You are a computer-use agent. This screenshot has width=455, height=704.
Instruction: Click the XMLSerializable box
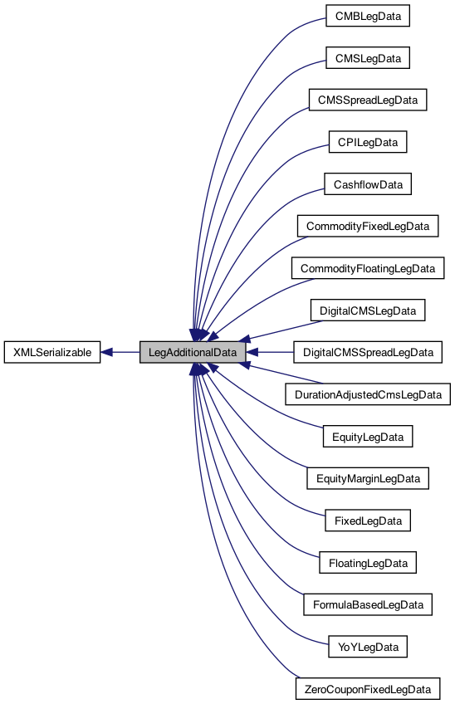coord(52,352)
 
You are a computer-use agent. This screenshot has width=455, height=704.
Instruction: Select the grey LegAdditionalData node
coord(193,352)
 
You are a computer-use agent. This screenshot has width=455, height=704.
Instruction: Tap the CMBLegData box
coord(368,16)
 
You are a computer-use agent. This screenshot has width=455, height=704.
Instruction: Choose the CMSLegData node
coord(368,58)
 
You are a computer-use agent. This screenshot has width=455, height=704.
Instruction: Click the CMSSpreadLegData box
coord(368,100)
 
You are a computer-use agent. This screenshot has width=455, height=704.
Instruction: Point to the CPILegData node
coord(368,143)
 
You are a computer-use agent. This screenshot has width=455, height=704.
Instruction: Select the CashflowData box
coord(368,184)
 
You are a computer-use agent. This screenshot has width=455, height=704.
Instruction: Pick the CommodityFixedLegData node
coord(368,227)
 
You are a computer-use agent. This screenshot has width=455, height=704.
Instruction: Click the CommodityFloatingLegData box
coord(368,269)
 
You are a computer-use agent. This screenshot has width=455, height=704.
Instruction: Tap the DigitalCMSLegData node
coord(368,310)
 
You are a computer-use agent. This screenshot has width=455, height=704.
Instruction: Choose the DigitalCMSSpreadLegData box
coord(368,353)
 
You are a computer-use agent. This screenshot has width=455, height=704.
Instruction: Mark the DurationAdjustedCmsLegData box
coord(368,394)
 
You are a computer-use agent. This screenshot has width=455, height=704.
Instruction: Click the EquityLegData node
coord(368,437)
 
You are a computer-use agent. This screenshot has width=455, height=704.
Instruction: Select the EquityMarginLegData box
coord(368,479)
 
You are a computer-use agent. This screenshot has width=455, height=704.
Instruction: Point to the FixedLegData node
coord(368,521)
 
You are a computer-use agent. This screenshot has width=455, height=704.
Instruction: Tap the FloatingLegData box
coord(368,563)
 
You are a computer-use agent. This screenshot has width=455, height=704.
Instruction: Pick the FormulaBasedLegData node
coord(368,604)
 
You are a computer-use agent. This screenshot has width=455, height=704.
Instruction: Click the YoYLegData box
coord(368,647)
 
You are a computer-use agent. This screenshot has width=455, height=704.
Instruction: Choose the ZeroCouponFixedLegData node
coord(368,689)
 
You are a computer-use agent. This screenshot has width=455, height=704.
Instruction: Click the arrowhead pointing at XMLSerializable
coord(108,352)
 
